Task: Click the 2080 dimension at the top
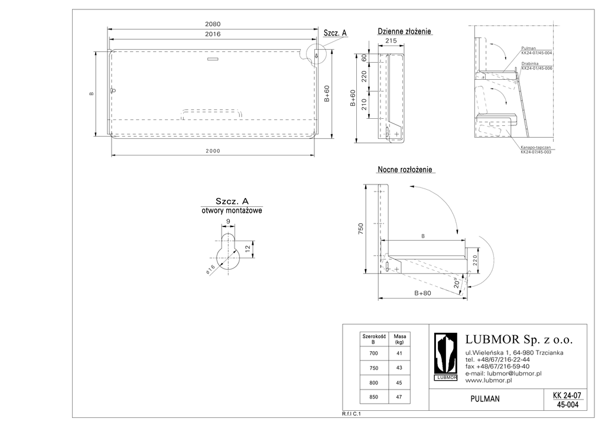click(x=213, y=24)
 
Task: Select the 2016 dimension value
click(x=213, y=34)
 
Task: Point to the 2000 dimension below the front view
click(x=213, y=151)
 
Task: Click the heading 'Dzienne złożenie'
click(x=405, y=31)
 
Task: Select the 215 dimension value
click(x=391, y=41)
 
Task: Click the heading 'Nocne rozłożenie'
click(x=405, y=170)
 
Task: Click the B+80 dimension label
click(x=422, y=293)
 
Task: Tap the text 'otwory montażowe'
click(x=232, y=210)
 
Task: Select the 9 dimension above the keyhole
click(x=228, y=222)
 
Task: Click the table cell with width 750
click(x=373, y=368)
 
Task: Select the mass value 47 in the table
click(x=399, y=397)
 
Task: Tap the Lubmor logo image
click(x=446, y=357)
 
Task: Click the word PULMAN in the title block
click(x=485, y=399)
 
